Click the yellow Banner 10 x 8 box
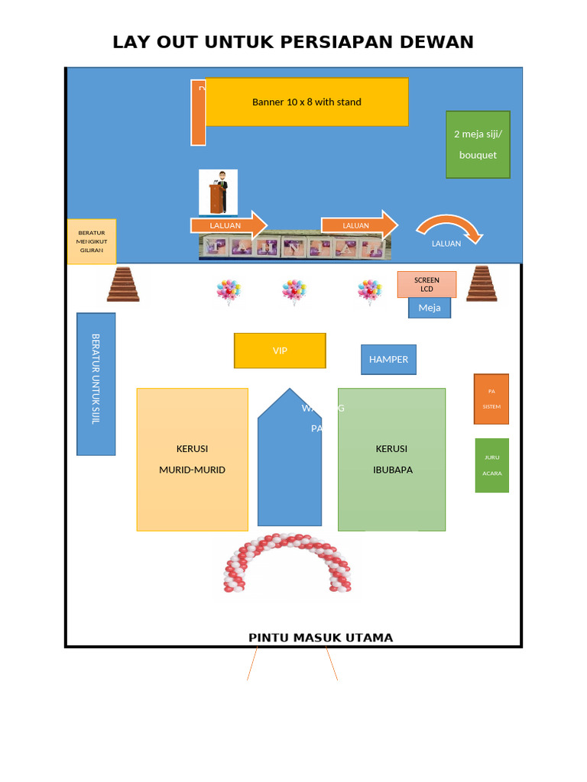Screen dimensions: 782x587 click(x=306, y=102)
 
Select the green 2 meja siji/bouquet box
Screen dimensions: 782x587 click(x=478, y=144)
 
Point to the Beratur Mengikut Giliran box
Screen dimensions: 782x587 click(x=92, y=241)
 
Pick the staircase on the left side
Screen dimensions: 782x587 click(x=123, y=284)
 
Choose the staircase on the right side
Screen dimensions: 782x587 click(x=482, y=284)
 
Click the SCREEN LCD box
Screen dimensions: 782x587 click(x=426, y=284)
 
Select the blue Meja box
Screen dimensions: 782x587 click(x=430, y=308)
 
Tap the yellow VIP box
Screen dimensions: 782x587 click(x=280, y=351)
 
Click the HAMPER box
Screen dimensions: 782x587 click(x=388, y=359)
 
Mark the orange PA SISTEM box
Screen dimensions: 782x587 click(x=491, y=399)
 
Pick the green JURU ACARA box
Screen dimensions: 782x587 click(x=491, y=465)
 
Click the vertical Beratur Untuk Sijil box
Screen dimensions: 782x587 click(x=96, y=383)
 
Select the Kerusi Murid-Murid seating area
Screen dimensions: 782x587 click(x=193, y=459)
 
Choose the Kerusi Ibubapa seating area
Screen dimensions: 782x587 click(x=391, y=459)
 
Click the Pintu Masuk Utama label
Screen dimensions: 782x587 click(x=320, y=638)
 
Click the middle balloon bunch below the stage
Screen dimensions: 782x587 click(x=293, y=292)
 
